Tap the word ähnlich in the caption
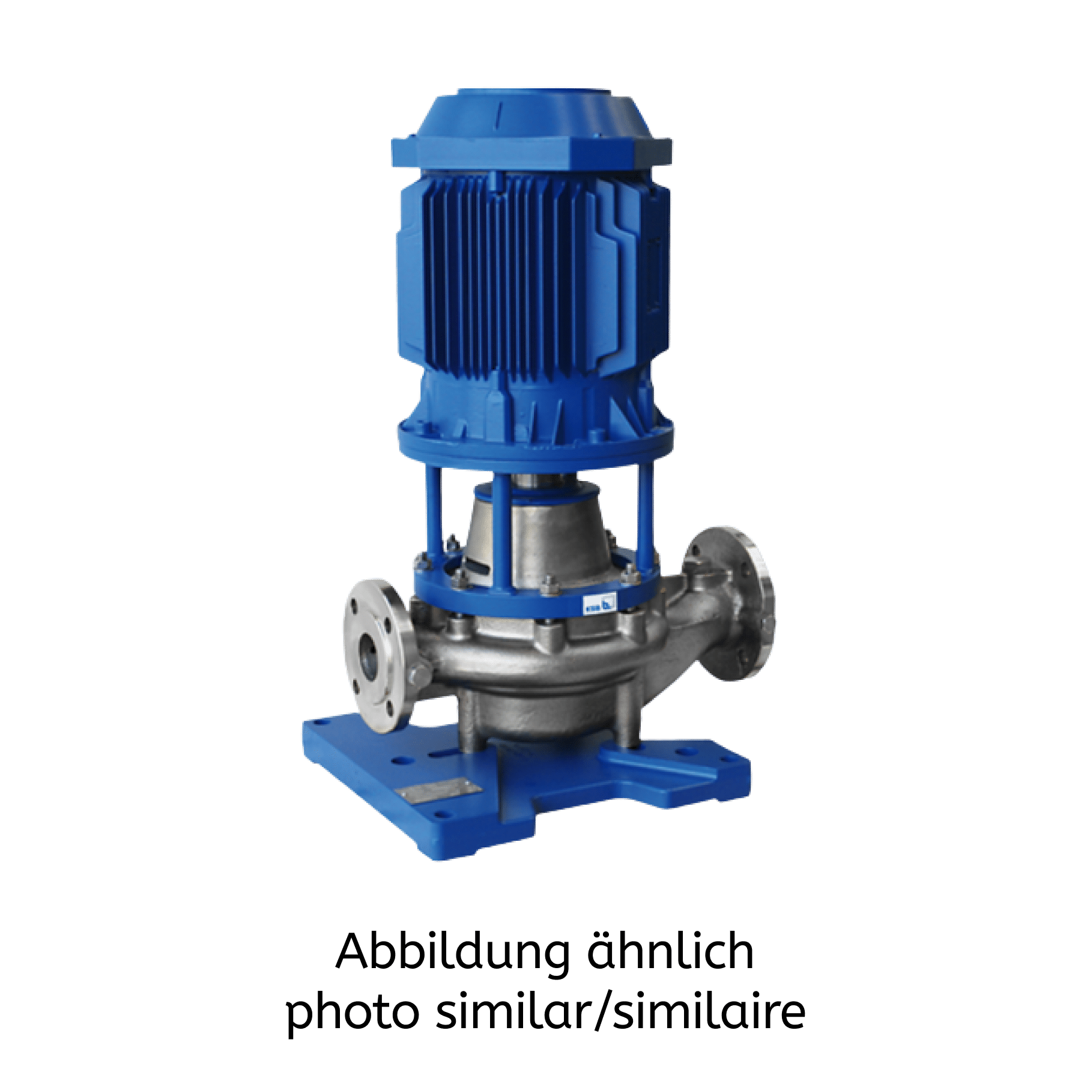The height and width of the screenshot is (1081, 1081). point(670,951)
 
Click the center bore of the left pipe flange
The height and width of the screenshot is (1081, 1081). point(369,654)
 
